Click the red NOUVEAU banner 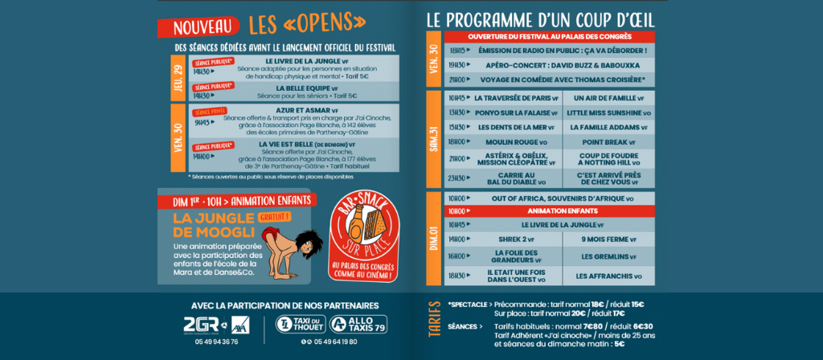click(x=202, y=28)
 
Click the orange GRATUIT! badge click(x=274, y=216)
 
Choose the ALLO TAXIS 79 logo click(x=358, y=325)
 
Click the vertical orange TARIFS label click(x=435, y=325)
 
